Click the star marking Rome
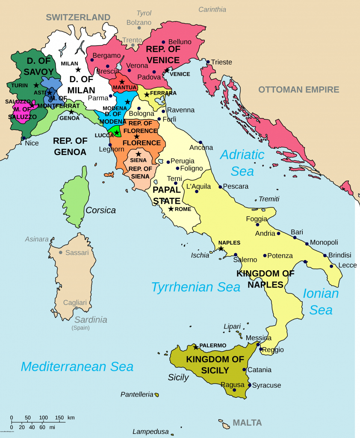[171, 209]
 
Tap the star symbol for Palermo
[196, 346]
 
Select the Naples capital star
[221, 248]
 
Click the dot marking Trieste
[208, 62]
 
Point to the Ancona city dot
[200, 142]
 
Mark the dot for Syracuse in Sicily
[249, 385]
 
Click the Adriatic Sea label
[242, 163]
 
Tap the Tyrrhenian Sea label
[196, 287]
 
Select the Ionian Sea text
[321, 301]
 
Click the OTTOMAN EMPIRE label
[298, 90]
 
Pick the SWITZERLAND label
[78, 18]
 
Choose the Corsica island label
[100, 210]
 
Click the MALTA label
[247, 423]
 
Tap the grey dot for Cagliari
[76, 308]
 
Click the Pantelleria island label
[137, 394]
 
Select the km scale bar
[38, 421]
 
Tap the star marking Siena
[138, 154]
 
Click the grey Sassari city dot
[61, 252]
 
